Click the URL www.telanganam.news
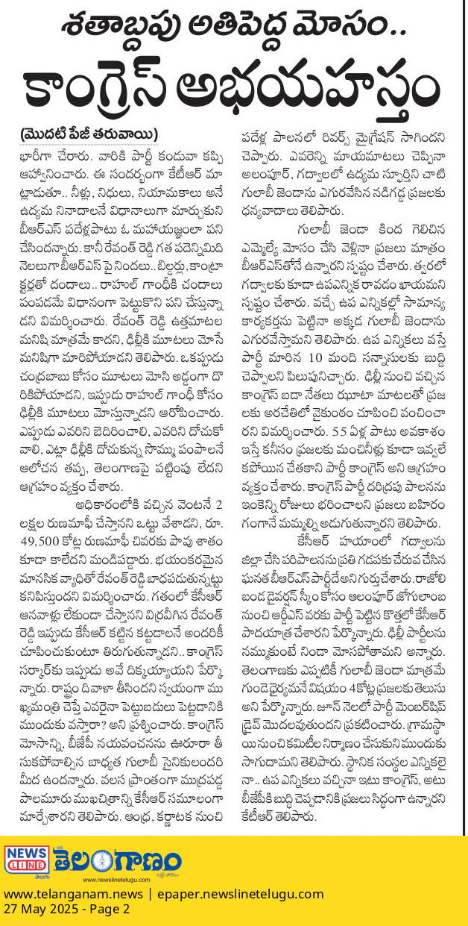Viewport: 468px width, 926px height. tap(62, 893)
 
